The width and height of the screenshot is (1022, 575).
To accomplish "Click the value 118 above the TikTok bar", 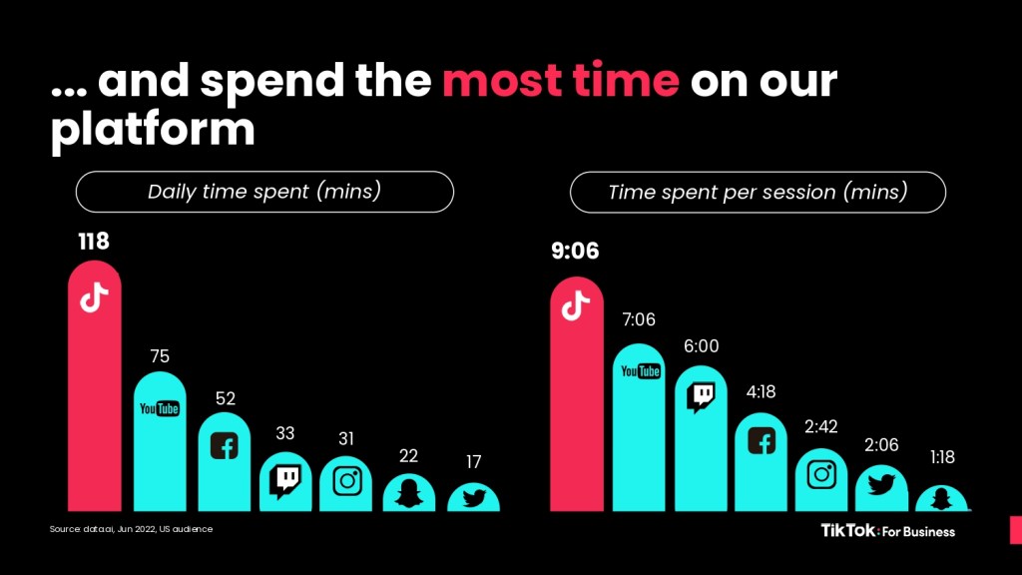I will (x=95, y=242).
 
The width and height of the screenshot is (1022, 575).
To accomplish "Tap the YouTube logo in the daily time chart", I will (x=160, y=407).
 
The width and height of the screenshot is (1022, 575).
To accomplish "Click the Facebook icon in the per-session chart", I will (x=762, y=440).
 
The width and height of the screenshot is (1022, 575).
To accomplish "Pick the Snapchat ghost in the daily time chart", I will (x=409, y=491).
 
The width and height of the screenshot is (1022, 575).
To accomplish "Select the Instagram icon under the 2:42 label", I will (x=821, y=473).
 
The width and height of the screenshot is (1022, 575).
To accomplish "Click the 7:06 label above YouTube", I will (x=639, y=319).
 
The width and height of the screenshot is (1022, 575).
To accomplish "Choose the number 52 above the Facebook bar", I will (x=225, y=398).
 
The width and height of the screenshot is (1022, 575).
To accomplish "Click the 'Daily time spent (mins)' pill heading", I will (x=264, y=192).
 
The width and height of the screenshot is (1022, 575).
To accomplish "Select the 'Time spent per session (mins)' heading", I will (x=758, y=192).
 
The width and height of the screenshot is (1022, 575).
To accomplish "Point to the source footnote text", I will (x=131, y=528).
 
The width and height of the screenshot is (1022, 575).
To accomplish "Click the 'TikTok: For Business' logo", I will (x=887, y=530).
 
